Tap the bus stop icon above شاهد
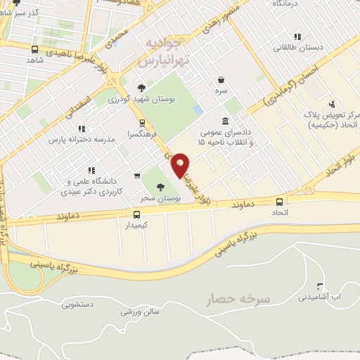(x=35, y=49)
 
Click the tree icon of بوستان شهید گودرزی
(x=141, y=88)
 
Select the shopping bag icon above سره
(x=221, y=79)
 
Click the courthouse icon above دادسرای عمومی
(x=224, y=120)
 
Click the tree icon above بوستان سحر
(x=160, y=187)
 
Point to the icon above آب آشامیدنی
(x=321, y=286)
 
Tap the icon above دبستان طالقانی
(x=297, y=37)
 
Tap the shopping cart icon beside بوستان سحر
(x=136, y=176)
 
